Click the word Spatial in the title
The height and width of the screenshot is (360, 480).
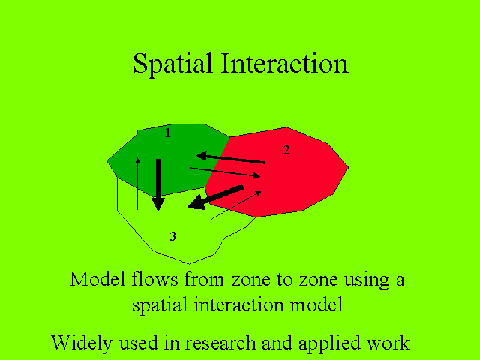(172, 64)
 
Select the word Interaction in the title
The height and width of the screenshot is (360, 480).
(285, 63)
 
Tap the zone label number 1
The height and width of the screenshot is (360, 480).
(167, 133)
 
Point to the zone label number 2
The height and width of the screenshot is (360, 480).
(286, 150)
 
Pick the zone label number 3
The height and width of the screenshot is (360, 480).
(172, 236)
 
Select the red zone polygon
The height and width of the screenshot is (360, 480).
(282, 172)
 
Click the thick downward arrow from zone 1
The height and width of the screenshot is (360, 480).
(158, 185)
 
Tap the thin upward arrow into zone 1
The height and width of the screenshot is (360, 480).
(138, 184)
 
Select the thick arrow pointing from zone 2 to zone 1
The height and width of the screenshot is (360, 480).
(230, 158)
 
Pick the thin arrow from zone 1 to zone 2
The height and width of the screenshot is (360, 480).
(225, 172)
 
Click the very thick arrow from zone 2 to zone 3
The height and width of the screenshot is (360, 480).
(215, 197)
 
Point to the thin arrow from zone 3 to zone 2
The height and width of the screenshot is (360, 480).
(235, 205)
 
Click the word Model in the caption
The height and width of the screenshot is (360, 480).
(97, 279)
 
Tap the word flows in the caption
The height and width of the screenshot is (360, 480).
(155, 279)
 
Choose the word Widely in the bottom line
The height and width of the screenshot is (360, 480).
(82, 343)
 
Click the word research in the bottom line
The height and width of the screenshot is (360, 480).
(220, 343)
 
